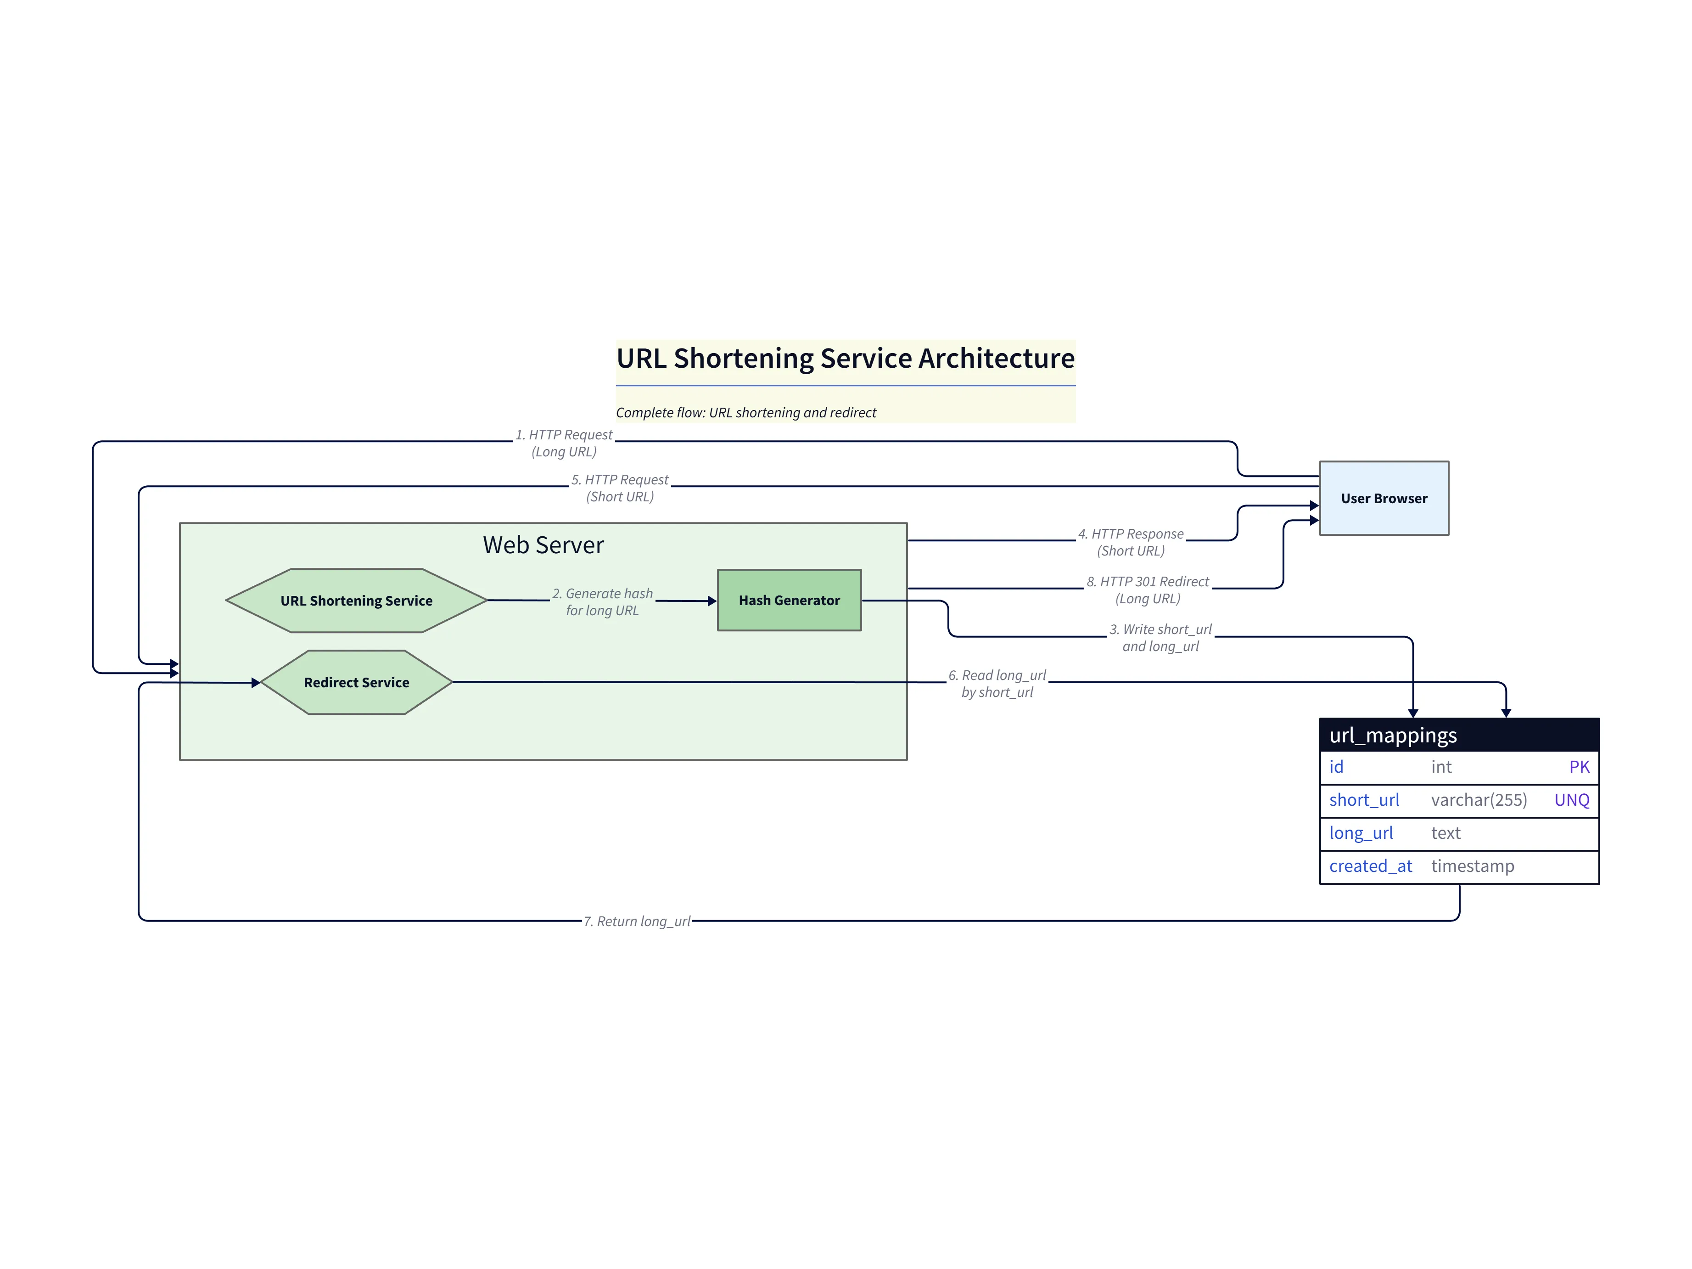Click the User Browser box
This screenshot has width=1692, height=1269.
click(1383, 498)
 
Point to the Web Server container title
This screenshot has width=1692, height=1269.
click(543, 545)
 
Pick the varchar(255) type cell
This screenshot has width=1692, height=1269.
click(1479, 800)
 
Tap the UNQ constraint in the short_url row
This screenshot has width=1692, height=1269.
click(1571, 800)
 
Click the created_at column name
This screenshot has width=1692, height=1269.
click(1370, 866)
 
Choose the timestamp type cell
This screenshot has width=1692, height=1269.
click(1472, 866)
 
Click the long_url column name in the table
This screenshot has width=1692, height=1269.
click(1360, 833)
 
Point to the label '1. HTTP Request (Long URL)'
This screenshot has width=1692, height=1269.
click(564, 443)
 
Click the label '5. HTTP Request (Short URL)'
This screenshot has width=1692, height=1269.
click(620, 488)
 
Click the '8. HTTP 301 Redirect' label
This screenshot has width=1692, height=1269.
click(1148, 590)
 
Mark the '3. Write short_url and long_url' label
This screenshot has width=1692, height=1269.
click(1160, 638)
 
